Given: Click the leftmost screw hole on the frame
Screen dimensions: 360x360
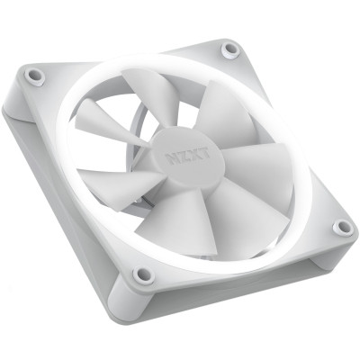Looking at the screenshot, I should pyautogui.click(x=35, y=76).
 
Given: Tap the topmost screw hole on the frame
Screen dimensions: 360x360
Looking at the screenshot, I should pyautogui.click(x=231, y=48).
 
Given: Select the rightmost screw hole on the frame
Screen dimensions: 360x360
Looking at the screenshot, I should pyautogui.click(x=343, y=229).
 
